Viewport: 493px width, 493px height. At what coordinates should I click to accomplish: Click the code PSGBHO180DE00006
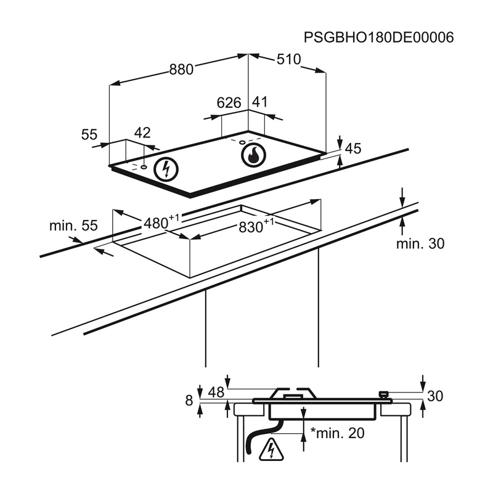(379, 38)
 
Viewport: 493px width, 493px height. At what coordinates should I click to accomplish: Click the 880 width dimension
(182, 70)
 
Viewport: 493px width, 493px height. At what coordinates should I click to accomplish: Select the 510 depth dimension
(288, 59)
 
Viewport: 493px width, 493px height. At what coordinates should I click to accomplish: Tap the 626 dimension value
(229, 103)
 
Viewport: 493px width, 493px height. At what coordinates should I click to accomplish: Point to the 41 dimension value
(260, 102)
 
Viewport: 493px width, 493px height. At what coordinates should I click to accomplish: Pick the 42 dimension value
(142, 133)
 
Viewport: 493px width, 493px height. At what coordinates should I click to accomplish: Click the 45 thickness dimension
(352, 149)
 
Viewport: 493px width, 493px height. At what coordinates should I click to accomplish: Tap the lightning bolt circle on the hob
(165, 168)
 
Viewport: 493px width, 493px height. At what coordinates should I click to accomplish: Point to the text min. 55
(73, 226)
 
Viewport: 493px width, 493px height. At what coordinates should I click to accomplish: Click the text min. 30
(420, 244)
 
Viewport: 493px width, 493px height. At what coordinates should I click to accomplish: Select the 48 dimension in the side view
(216, 392)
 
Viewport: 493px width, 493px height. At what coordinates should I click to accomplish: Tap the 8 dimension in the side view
(189, 401)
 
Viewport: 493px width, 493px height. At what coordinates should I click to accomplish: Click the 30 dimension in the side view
(435, 397)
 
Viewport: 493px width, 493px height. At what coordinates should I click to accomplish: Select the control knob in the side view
(384, 394)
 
